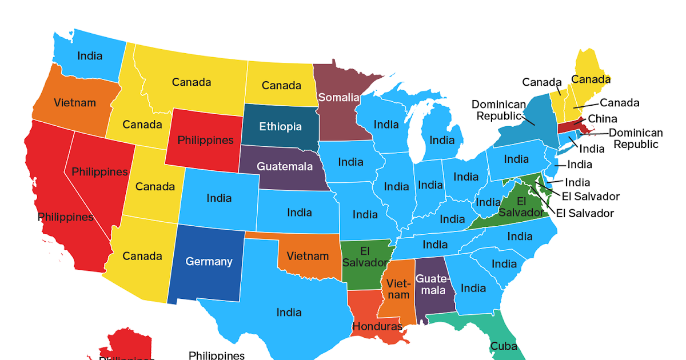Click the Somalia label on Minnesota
pyautogui.click(x=338, y=98)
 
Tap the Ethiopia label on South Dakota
pyautogui.click(x=280, y=126)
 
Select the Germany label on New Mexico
pyautogui.click(x=209, y=262)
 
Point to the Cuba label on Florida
pyautogui.click(x=503, y=346)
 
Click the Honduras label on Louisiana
pyautogui.click(x=377, y=327)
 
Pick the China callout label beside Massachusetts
pyautogui.click(x=603, y=119)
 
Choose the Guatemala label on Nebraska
pyautogui.click(x=285, y=167)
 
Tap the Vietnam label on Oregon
pyautogui.click(x=75, y=103)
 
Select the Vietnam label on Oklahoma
pyautogui.click(x=308, y=255)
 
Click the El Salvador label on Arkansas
pyautogui.click(x=365, y=257)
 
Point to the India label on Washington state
pyautogui.click(x=90, y=55)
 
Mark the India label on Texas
pyautogui.click(x=289, y=313)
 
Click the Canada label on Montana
pyautogui.click(x=192, y=82)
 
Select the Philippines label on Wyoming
pyautogui.click(x=205, y=140)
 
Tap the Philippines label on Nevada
pyautogui.click(x=99, y=172)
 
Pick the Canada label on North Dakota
pyautogui.click(x=281, y=86)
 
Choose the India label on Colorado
pyautogui.click(x=219, y=198)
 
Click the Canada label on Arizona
pyautogui.click(x=142, y=256)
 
